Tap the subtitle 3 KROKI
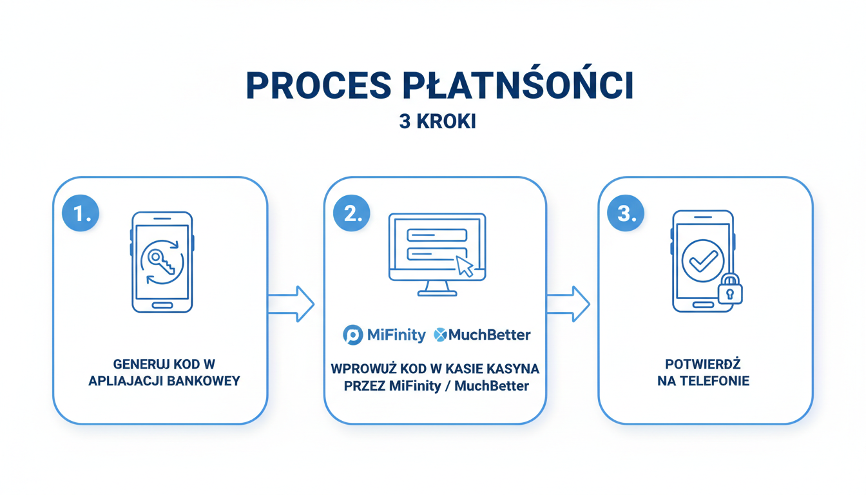pyautogui.click(x=438, y=122)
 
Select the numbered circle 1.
pyautogui.click(x=81, y=213)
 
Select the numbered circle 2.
pyautogui.click(x=352, y=213)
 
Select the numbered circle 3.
pyautogui.click(x=626, y=213)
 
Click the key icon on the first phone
pyautogui.click(x=160, y=262)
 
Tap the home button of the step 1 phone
pyautogui.click(x=162, y=305)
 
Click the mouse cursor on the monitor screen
pyautogui.click(x=465, y=266)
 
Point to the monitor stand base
pyautogui.click(x=438, y=293)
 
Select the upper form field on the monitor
pyautogui.click(x=438, y=235)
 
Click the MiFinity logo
pyautogui.click(x=385, y=335)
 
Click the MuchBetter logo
pyautogui.click(x=482, y=335)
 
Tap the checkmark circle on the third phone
pyautogui.click(x=702, y=261)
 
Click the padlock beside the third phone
pyautogui.click(x=729, y=289)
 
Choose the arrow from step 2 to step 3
pyautogui.click(x=568, y=303)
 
